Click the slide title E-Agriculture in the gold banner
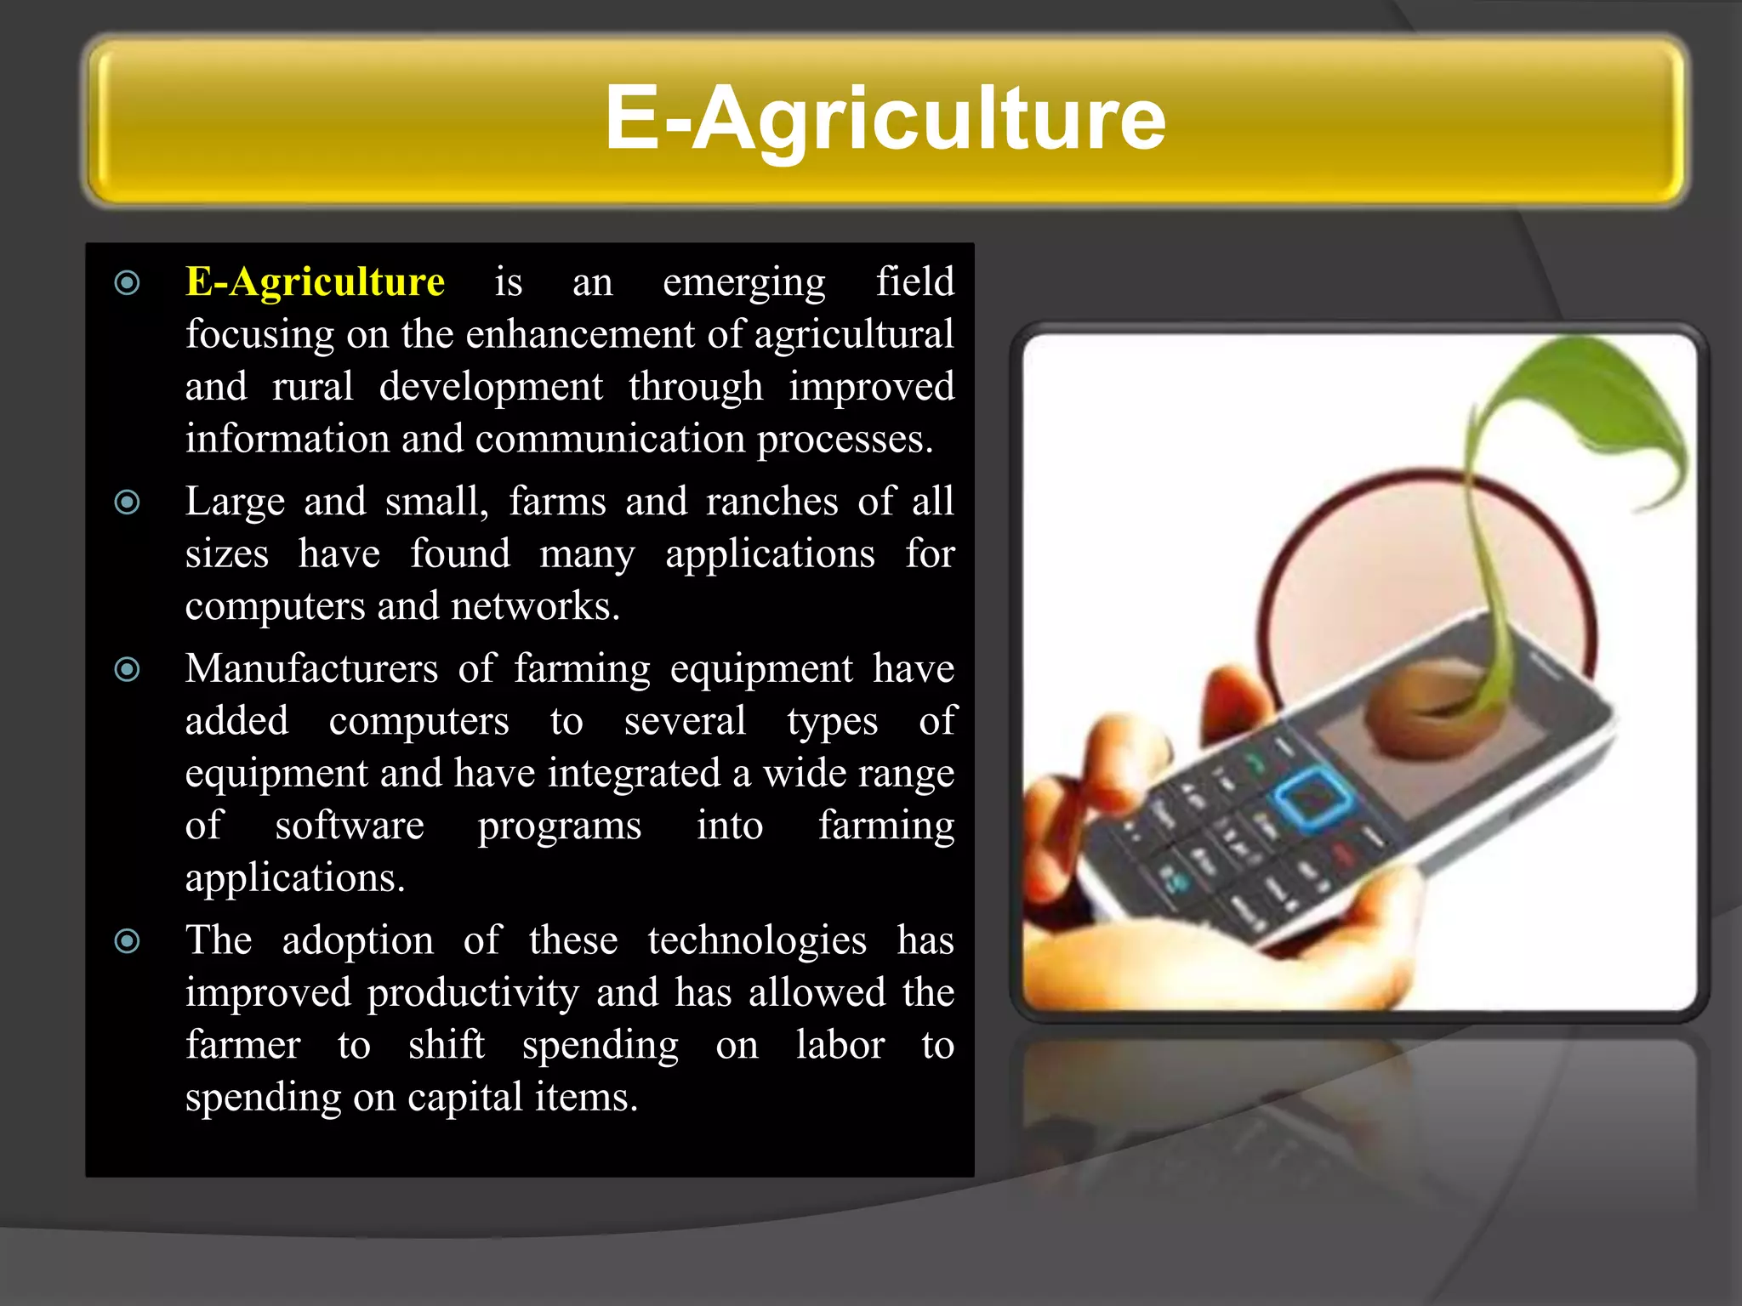tap(885, 119)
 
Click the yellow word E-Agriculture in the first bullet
tap(315, 281)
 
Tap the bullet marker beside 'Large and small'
tap(128, 503)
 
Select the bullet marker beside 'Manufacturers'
tap(128, 670)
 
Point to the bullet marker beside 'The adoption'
tap(128, 941)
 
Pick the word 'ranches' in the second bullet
tap(771, 502)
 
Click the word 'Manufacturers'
tap(311, 668)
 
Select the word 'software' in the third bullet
tap(349, 826)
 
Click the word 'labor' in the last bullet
tap(840, 1045)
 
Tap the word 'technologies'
tap(757, 941)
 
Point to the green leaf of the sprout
tap(1591, 400)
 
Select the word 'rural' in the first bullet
tap(312, 387)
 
